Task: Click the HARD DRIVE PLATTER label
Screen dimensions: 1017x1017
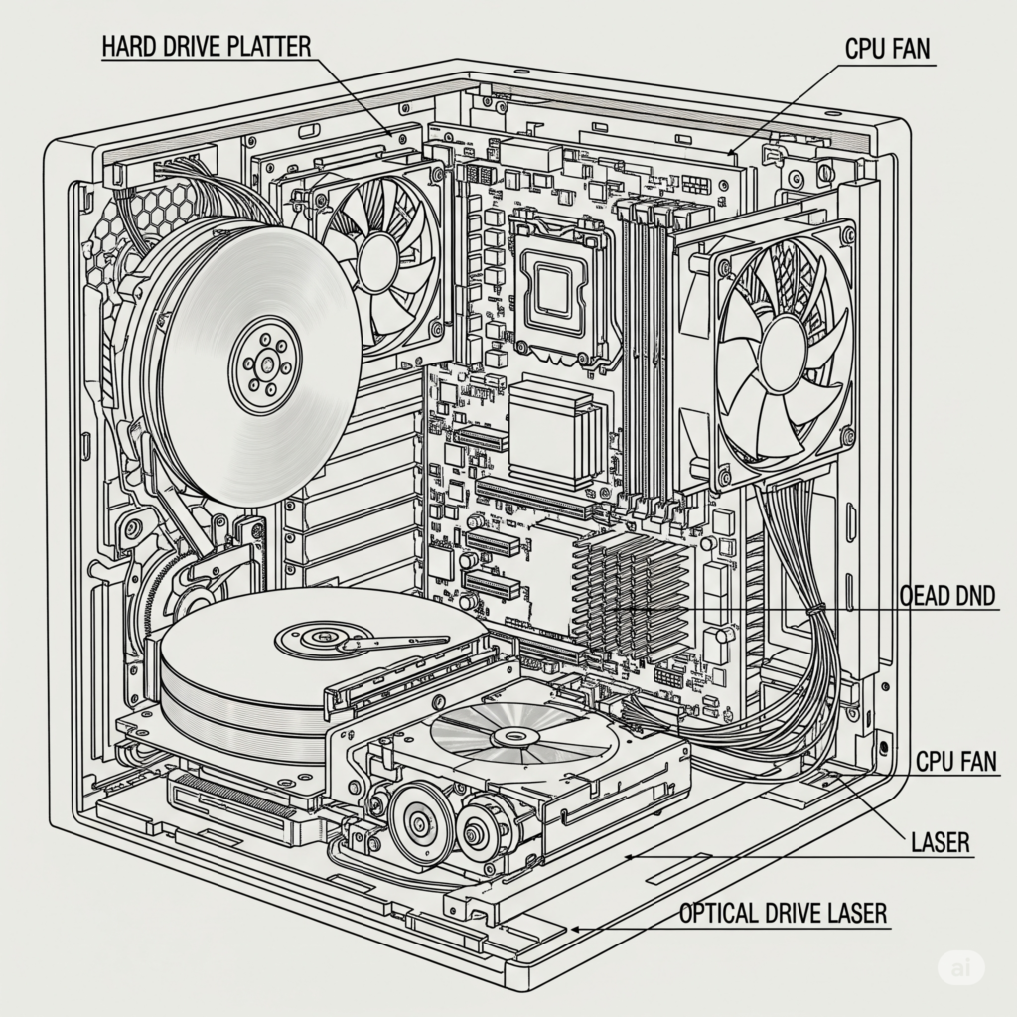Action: pyautogui.click(x=207, y=46)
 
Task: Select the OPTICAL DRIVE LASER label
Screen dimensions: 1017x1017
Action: pyautogui.click(x=783, y=913)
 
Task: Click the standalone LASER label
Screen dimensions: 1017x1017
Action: pyautogui.click(x=940, y=843)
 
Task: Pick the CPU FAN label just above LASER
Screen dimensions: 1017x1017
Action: pyautogui.click(x=956, y=762)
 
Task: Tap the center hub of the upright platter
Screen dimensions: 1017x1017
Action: pyautogui.click(x=265, y=363)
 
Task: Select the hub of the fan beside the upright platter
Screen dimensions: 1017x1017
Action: pyautogui.click(x=378, y=260)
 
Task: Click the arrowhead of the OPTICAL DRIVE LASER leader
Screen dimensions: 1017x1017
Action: pyautogui.click(x=574, y=930)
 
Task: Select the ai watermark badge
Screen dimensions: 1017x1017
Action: pyautogui.click(x=961, y=966)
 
